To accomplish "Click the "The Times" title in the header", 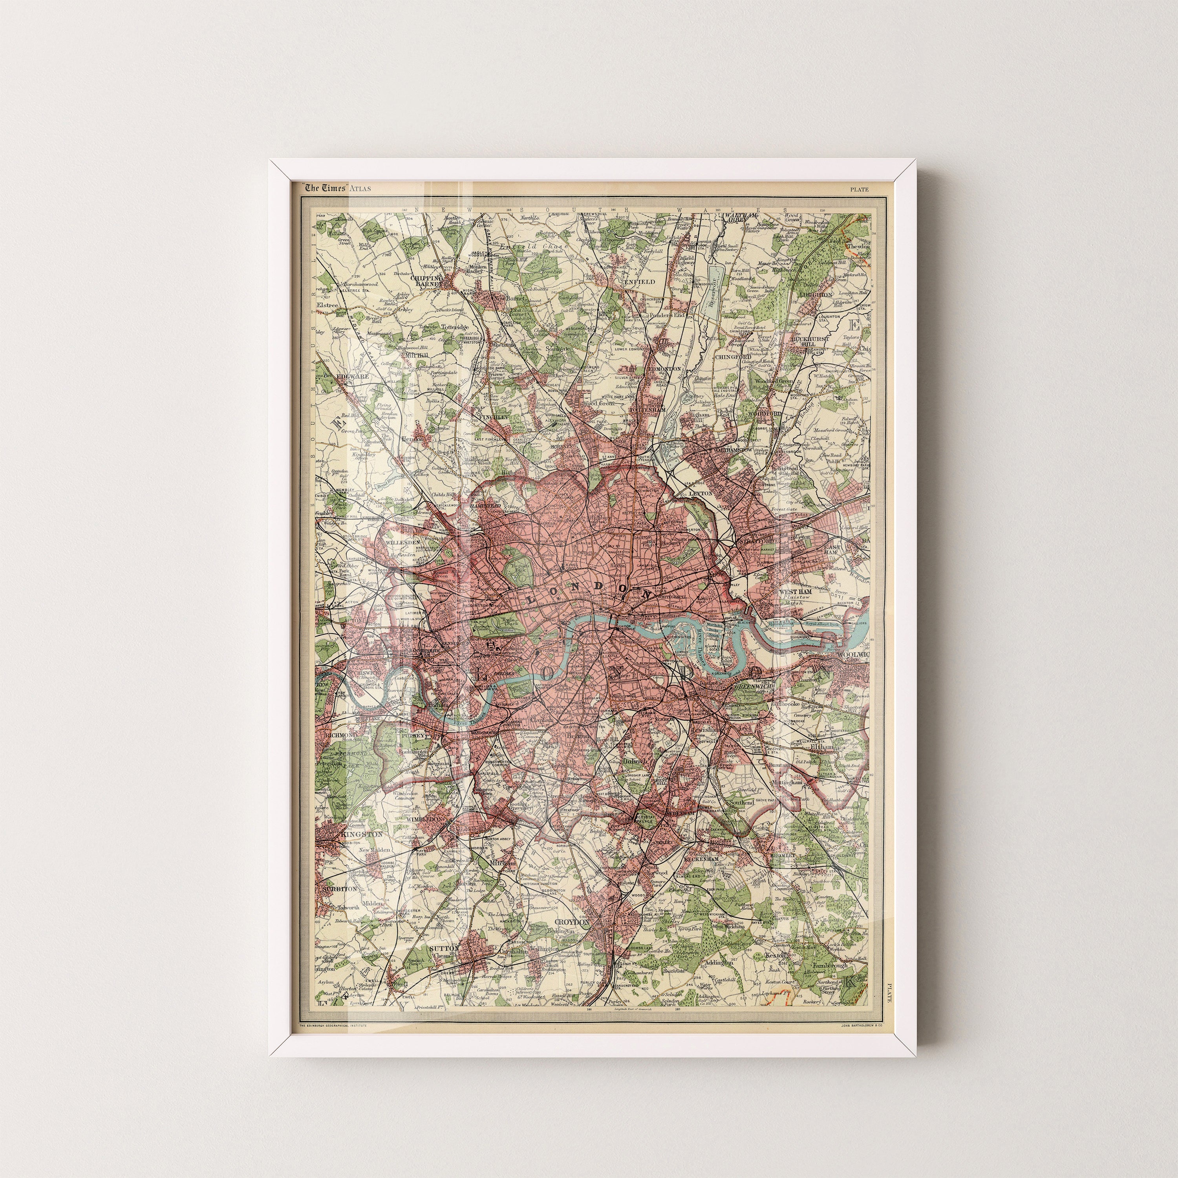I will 326,188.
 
